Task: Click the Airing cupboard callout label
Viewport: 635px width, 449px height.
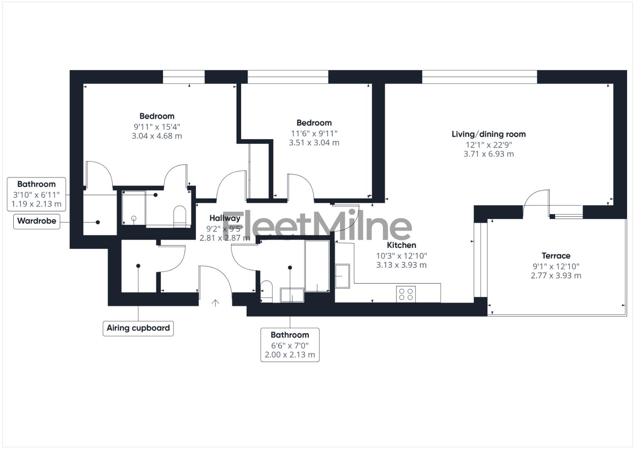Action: [x=138, y=328]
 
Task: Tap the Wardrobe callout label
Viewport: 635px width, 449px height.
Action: [x=37, y=221]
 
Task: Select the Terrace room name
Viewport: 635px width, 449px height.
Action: [x=556, y=256]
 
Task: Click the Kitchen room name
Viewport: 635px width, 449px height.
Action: [x=401, y=245]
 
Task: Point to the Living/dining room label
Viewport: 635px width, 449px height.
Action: [x=489, y=134]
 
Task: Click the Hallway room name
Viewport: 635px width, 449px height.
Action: [x=225, y=218]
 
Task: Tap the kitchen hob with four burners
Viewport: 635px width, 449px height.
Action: [x=406, y=294]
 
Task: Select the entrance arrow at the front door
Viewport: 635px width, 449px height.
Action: [x=215, y=303]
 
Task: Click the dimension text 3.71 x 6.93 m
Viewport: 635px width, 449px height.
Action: [x=489, y=154]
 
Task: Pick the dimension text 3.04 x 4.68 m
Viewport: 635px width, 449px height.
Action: [x=157, y=136]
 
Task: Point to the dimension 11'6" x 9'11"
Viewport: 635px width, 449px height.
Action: [x=314, y=133]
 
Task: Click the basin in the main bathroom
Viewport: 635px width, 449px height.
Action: [x=292, y=295]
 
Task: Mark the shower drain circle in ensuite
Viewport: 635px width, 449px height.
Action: [x=134, y=218]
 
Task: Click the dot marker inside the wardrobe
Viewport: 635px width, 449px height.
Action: [x=98, y=222]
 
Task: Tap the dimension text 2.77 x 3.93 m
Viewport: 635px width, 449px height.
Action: [x=556, y=276]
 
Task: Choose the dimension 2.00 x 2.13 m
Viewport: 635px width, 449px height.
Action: [x=290, y=355]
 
